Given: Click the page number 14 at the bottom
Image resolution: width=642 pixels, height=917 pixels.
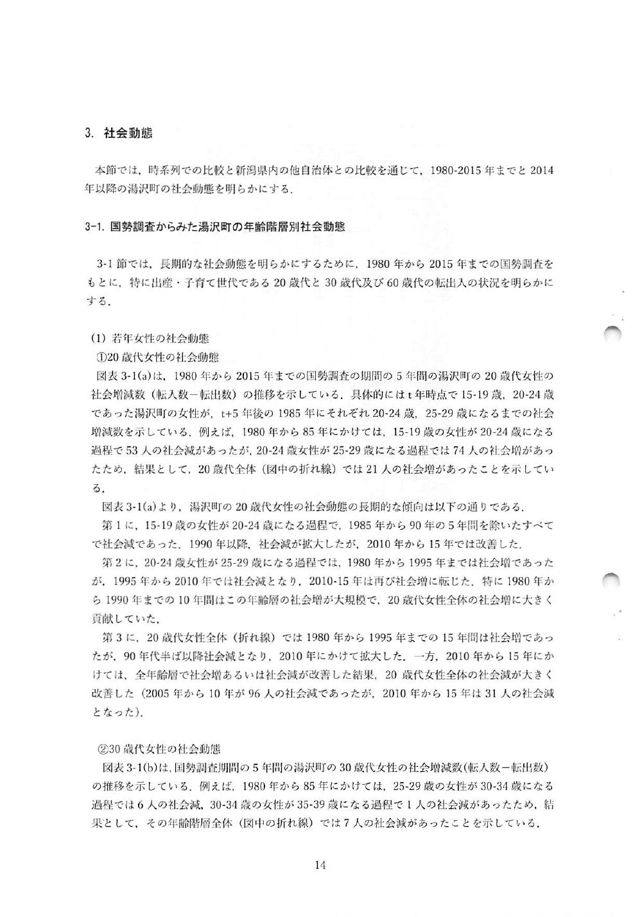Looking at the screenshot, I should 321,865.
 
